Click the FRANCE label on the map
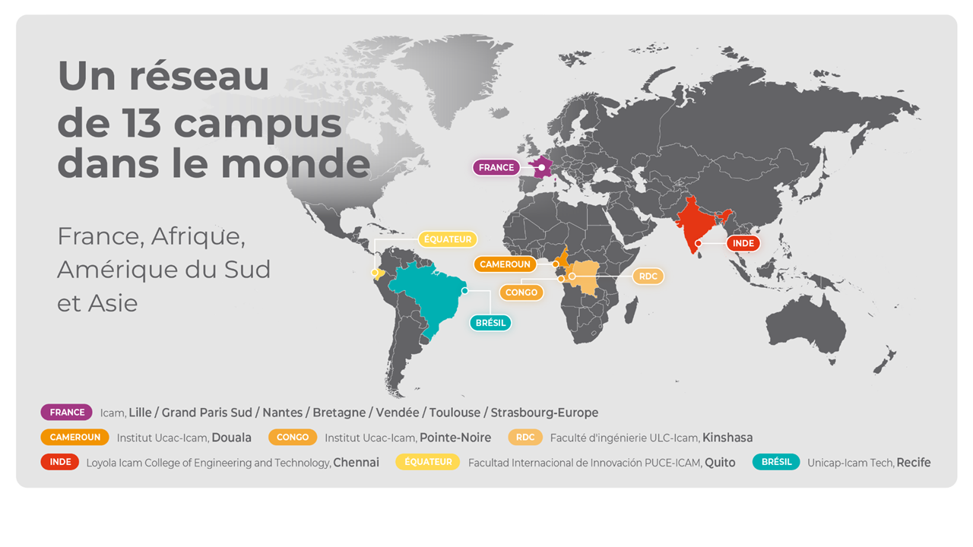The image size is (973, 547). (496, 167)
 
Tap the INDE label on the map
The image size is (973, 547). (743, 244)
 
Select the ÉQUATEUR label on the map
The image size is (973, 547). (448, 239)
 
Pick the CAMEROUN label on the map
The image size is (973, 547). (505, 264)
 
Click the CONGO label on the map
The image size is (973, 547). (521, 292)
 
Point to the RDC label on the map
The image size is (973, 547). (648, 277)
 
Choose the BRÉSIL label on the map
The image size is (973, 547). (490, 323)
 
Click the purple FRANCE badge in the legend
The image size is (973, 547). (67, 413)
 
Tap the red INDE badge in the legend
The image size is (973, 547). (60, 462)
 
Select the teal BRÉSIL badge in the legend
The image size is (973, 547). (776, 462)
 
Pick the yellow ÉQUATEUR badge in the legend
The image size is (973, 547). (428, 462)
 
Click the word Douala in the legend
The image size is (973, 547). (231, 438)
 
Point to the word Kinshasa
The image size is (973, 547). (727, 438)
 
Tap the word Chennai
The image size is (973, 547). (356, 463)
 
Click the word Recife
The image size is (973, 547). (913, 463)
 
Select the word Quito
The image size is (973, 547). (720, 463)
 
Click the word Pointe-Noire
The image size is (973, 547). (455, 438)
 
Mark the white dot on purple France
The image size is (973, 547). (541, 167)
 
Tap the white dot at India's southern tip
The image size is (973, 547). (698, 243)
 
